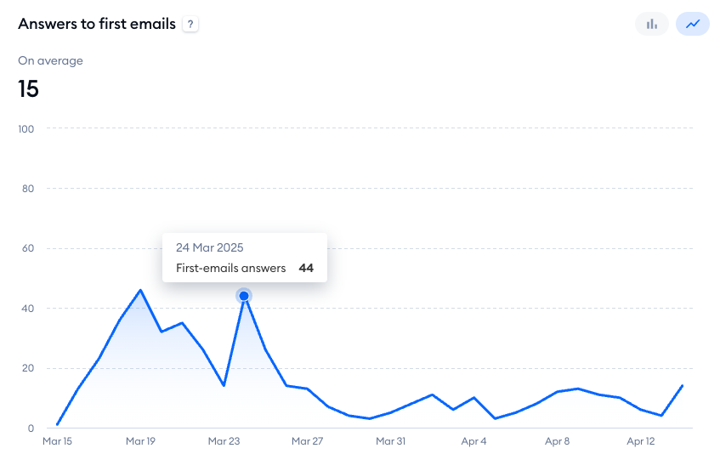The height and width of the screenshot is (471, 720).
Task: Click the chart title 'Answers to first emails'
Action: (x=97, y=24)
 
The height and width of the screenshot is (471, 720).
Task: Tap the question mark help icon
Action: (x=190, y=25)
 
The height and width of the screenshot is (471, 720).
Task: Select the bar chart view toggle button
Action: (x=652, y=24)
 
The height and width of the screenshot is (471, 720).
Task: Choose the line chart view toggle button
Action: (x=693, y=24)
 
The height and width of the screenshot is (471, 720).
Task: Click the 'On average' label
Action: (x=50, y=60)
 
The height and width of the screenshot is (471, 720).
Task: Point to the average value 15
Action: (x=29, y=88)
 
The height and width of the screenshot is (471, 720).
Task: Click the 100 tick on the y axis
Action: (x=26, y=129)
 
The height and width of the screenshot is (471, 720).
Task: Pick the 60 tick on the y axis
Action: (x=28, y=248)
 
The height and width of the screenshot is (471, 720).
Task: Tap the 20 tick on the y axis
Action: (x=28, y=368)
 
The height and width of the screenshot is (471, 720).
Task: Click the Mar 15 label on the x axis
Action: (x=57, y=441)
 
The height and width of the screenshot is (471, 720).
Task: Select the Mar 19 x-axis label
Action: (x=140, y=441)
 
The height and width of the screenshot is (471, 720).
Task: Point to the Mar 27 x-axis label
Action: (x=307, y=441)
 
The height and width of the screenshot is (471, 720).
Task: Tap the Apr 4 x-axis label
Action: (x=473, y=441)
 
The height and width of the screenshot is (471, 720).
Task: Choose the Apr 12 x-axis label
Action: (x=640, y=441)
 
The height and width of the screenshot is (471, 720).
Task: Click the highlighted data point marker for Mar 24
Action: (x=244, y=296)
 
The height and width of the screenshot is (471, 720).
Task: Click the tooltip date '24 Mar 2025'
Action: (x=210, y=247)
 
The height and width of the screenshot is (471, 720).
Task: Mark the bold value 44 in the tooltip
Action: (x=306, y=268)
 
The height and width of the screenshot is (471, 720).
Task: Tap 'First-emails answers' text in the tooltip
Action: (x=231, y=268)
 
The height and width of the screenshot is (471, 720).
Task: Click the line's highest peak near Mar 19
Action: (x=140, y=290)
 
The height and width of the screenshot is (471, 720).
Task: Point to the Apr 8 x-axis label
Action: (x=557, y=441)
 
